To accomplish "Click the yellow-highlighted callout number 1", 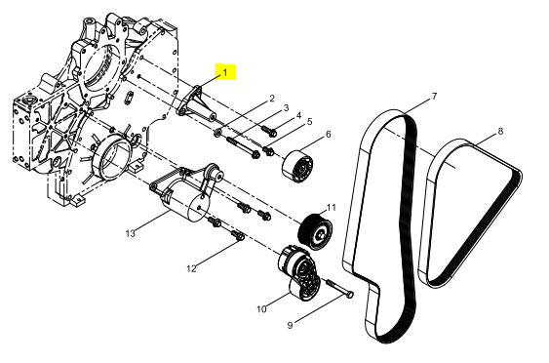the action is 225,72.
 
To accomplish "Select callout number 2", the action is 272,99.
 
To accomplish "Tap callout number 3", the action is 286,108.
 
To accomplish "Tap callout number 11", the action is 332,208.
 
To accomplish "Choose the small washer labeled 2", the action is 217,133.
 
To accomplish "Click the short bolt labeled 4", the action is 269,131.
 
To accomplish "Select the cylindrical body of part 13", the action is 186,201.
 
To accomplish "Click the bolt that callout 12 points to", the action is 238,235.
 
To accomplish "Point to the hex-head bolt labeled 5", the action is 268,151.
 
